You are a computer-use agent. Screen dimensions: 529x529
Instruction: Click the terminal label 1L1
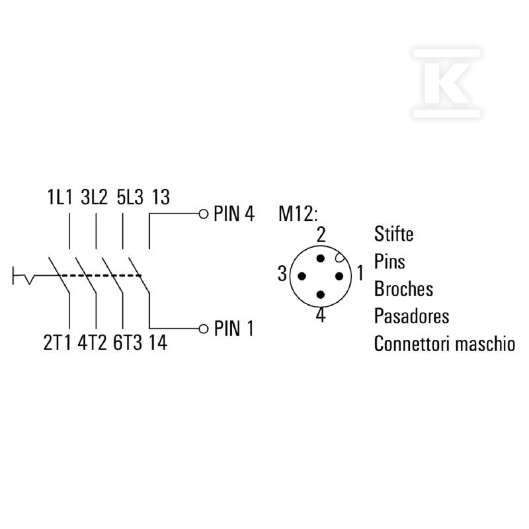pyautogui.click(x=60, y=197)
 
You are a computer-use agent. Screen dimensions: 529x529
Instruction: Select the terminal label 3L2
pyautogui.click(x=94, y=197)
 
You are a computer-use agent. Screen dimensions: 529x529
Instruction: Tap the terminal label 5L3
pyautogui.click(x=130, y=197)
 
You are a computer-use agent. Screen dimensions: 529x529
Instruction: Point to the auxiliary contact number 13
pyautogui.click(x=161, y=197)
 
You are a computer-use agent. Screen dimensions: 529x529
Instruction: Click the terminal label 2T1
pyautogui.click(x=58, y=343)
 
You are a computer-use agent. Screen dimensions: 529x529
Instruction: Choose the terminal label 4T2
pyautogui.click(x=92, y=343)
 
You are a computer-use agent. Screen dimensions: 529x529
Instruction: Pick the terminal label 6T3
pyautogui.click(x=128, y=343)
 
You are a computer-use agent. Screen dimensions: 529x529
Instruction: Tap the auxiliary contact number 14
pyautogui.click(x=158, y=343)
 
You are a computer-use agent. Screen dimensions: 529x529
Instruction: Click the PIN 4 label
pyautogui.click(x=234, y=214)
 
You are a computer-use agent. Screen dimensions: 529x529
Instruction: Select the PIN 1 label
pyautogui.click(x=233, y=328)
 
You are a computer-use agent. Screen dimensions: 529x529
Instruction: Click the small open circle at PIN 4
pyautogui.click(x=204, y=214)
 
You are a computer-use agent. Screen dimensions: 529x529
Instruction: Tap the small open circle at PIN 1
pyautogui.click(x=204, y=329)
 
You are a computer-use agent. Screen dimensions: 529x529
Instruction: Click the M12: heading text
pyautogui.click(x=298, y=214)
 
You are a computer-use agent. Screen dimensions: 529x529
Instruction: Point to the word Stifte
pyautogui.click(x=393, y=233)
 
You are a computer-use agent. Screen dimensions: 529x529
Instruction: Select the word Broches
pyautogui.click(x=403, y=289)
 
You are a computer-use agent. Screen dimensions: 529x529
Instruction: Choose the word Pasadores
pyautogui.click(x=411, y=316)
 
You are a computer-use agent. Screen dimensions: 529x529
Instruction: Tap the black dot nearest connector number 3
pyautogui.click(x=302, y=276)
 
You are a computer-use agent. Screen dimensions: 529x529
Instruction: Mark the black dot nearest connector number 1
pyautogui.click(x=339, y=276)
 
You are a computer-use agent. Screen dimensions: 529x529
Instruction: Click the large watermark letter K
pyautogui.click(x=447, y=83)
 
